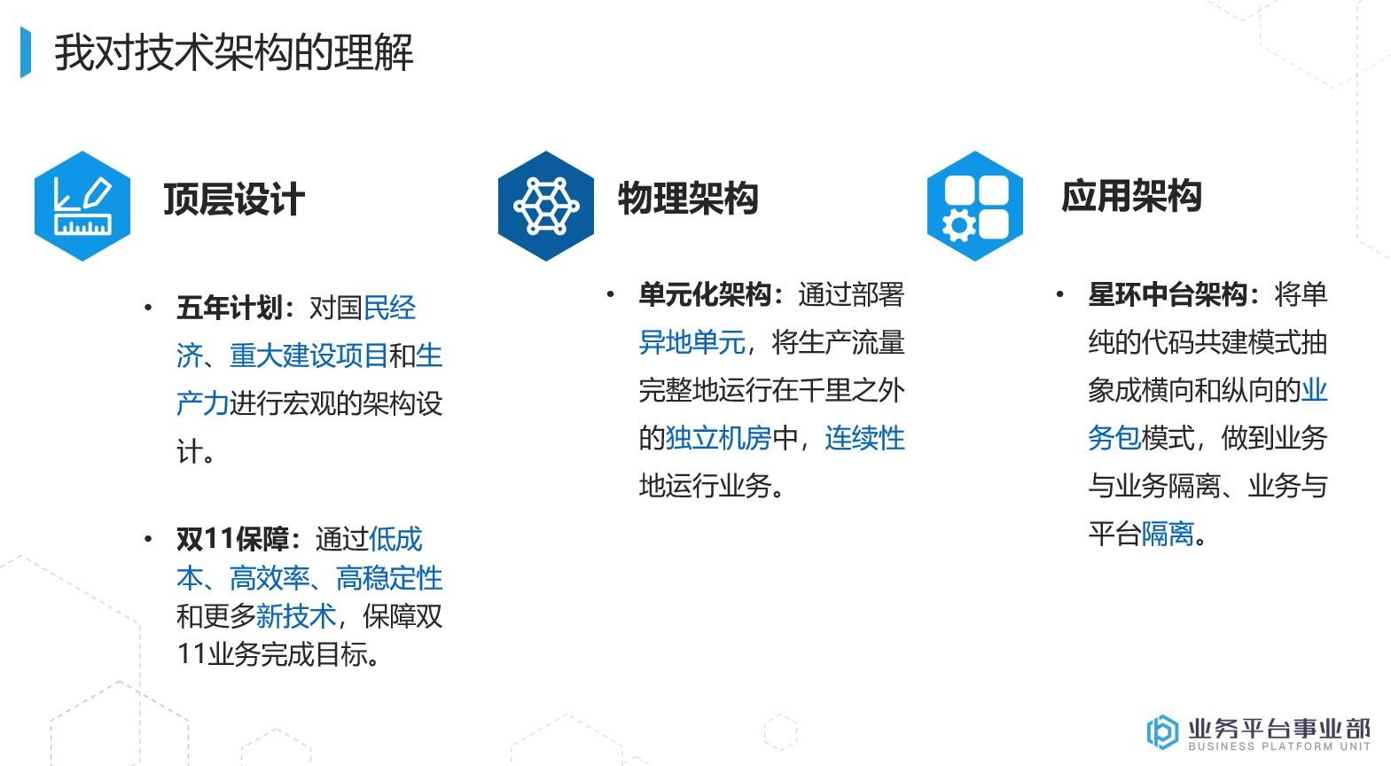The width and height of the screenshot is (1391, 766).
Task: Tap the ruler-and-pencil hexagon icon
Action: [82, 206]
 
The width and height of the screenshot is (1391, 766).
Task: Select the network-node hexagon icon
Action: [545, 206]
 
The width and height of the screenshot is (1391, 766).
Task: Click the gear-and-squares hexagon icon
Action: [974, 206]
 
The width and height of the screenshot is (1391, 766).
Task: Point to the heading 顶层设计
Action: [234, 199]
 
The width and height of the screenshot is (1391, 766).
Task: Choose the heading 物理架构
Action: [688, 198]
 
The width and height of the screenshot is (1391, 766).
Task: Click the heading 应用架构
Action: [1131, 196]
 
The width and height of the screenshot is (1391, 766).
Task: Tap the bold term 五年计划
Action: [229, 309]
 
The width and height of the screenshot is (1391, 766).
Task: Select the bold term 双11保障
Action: [232, 538]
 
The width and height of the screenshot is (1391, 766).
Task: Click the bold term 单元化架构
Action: [705, 294]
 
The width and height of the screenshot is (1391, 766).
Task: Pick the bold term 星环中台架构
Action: [1168, 294]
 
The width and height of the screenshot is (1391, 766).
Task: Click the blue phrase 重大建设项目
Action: [309, 356]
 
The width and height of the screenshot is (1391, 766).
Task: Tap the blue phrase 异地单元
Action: [692, 342]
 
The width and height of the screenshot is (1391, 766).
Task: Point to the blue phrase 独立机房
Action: [718, 438]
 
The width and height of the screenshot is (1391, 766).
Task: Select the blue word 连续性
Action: [864, 438]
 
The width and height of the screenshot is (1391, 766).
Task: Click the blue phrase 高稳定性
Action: [389, 578]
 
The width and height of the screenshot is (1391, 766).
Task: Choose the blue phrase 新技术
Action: [295, 616]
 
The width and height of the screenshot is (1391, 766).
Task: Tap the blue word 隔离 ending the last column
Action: [1168, 534]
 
